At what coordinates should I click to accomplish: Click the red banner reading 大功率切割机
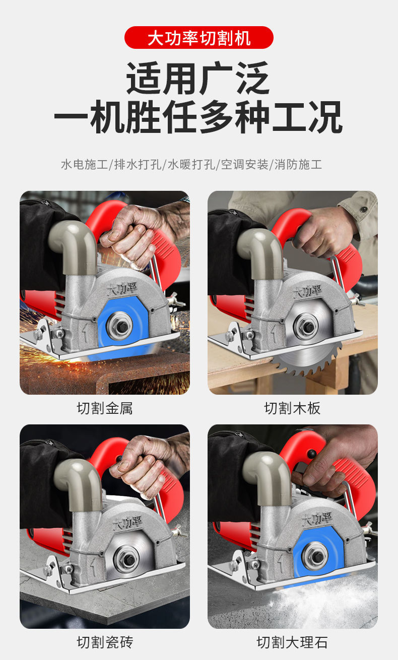(x=199, y=38)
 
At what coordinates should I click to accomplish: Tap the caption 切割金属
(x=105, y=408)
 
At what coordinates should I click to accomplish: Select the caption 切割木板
(x=292, y=408)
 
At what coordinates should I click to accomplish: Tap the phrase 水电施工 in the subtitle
(x=85, y=165)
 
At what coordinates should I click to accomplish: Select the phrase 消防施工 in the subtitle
(x=298, y=165)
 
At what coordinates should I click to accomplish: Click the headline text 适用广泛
(x=198, y=78)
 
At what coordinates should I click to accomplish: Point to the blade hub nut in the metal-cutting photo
(x=120, y=326)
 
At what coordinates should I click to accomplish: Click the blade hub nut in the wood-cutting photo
(x=307, y=326)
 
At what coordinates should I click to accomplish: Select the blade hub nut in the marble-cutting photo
(x=315, y=556)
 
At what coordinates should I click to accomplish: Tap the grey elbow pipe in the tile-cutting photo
(x=80, y=483)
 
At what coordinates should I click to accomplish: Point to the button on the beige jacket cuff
(x=364, y=209)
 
